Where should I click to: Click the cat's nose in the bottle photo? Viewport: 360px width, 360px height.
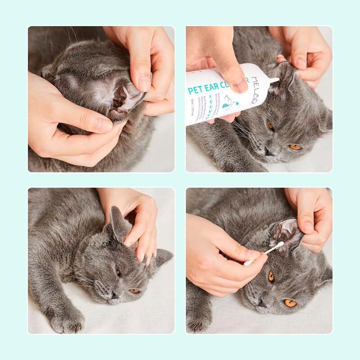tap(270, 151)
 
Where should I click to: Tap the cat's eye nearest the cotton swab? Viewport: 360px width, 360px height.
tap(271, 276)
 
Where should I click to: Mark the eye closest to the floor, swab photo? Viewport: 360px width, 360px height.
tap(291, 302)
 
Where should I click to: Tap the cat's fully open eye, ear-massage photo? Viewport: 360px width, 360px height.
tap(135, 291)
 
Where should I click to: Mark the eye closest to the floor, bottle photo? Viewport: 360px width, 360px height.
tap(295, 147)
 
